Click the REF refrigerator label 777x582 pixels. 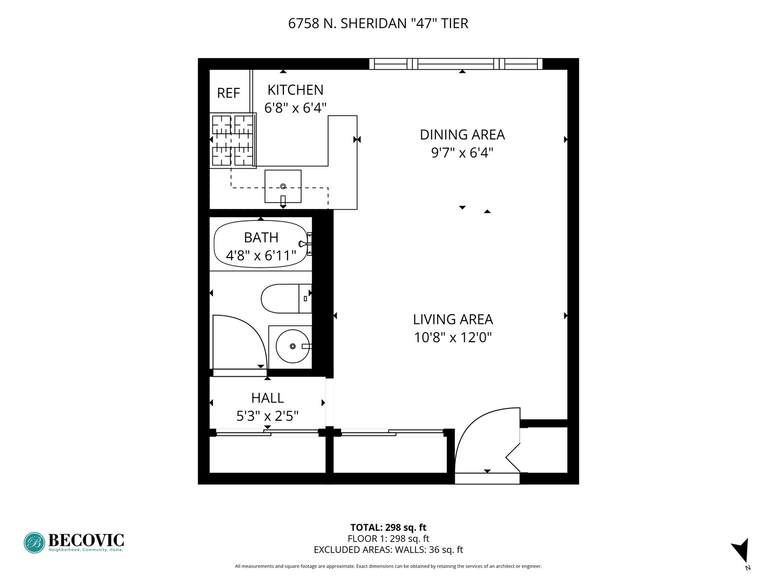[x=228, y=93]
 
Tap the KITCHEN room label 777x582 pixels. [x=295, y=90]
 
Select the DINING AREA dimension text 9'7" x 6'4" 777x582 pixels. [x=462, y=153]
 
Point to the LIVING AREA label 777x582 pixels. [x=453, y=320]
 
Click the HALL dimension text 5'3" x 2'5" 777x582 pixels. [x=267, y=416]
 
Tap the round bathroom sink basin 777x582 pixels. [x=292, y=346]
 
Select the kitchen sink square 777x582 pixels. [x=283, y=186]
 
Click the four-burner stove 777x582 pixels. [x=233, y=140]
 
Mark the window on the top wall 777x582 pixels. [x=456, y=64]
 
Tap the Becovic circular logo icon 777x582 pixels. [x=34, y=543]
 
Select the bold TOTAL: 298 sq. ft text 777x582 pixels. [x=388, y=528]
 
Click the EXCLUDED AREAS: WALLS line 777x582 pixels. [x=388, y=550]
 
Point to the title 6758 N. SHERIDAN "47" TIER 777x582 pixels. [x=378, y=23]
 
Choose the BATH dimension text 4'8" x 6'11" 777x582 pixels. [x=261, y=255]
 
